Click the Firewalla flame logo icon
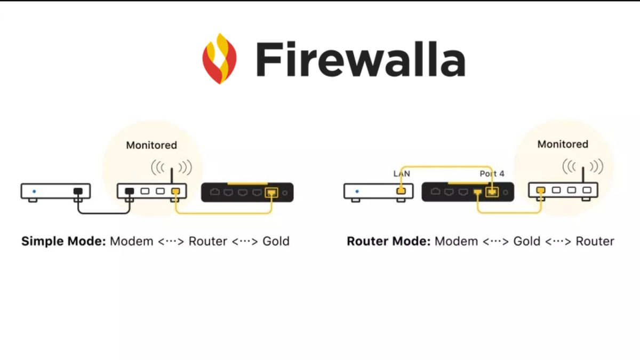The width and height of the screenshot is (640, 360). (x=219, y=59)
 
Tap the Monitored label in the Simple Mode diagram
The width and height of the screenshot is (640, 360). (x=151, y=145)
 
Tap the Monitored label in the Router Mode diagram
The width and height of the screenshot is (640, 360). (x=563, y=144)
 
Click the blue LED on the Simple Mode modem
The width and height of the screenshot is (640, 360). (x=34, y=190)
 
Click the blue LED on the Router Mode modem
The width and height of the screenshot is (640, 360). (x=356, y=190)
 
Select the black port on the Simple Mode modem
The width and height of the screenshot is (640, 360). (x=78, y=191)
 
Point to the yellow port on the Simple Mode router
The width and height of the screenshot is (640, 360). (x=175, y=191)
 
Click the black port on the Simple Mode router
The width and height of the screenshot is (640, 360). (x=129, y=191)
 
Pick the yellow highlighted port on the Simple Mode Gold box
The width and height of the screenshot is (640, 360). (x=272, y=192)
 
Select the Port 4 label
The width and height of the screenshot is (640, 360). (x=492, y=173)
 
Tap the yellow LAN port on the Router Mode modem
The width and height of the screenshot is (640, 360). (x=402, y=190)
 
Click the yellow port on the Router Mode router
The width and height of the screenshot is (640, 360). (x=540, y=190)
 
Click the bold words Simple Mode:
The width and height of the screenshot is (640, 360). (x=63, y=241)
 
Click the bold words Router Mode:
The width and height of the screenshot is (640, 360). (x=388, y=241)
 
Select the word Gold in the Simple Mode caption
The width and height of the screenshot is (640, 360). (x=276, y=241)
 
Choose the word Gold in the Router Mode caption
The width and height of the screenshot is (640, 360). (x=526, y=241)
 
